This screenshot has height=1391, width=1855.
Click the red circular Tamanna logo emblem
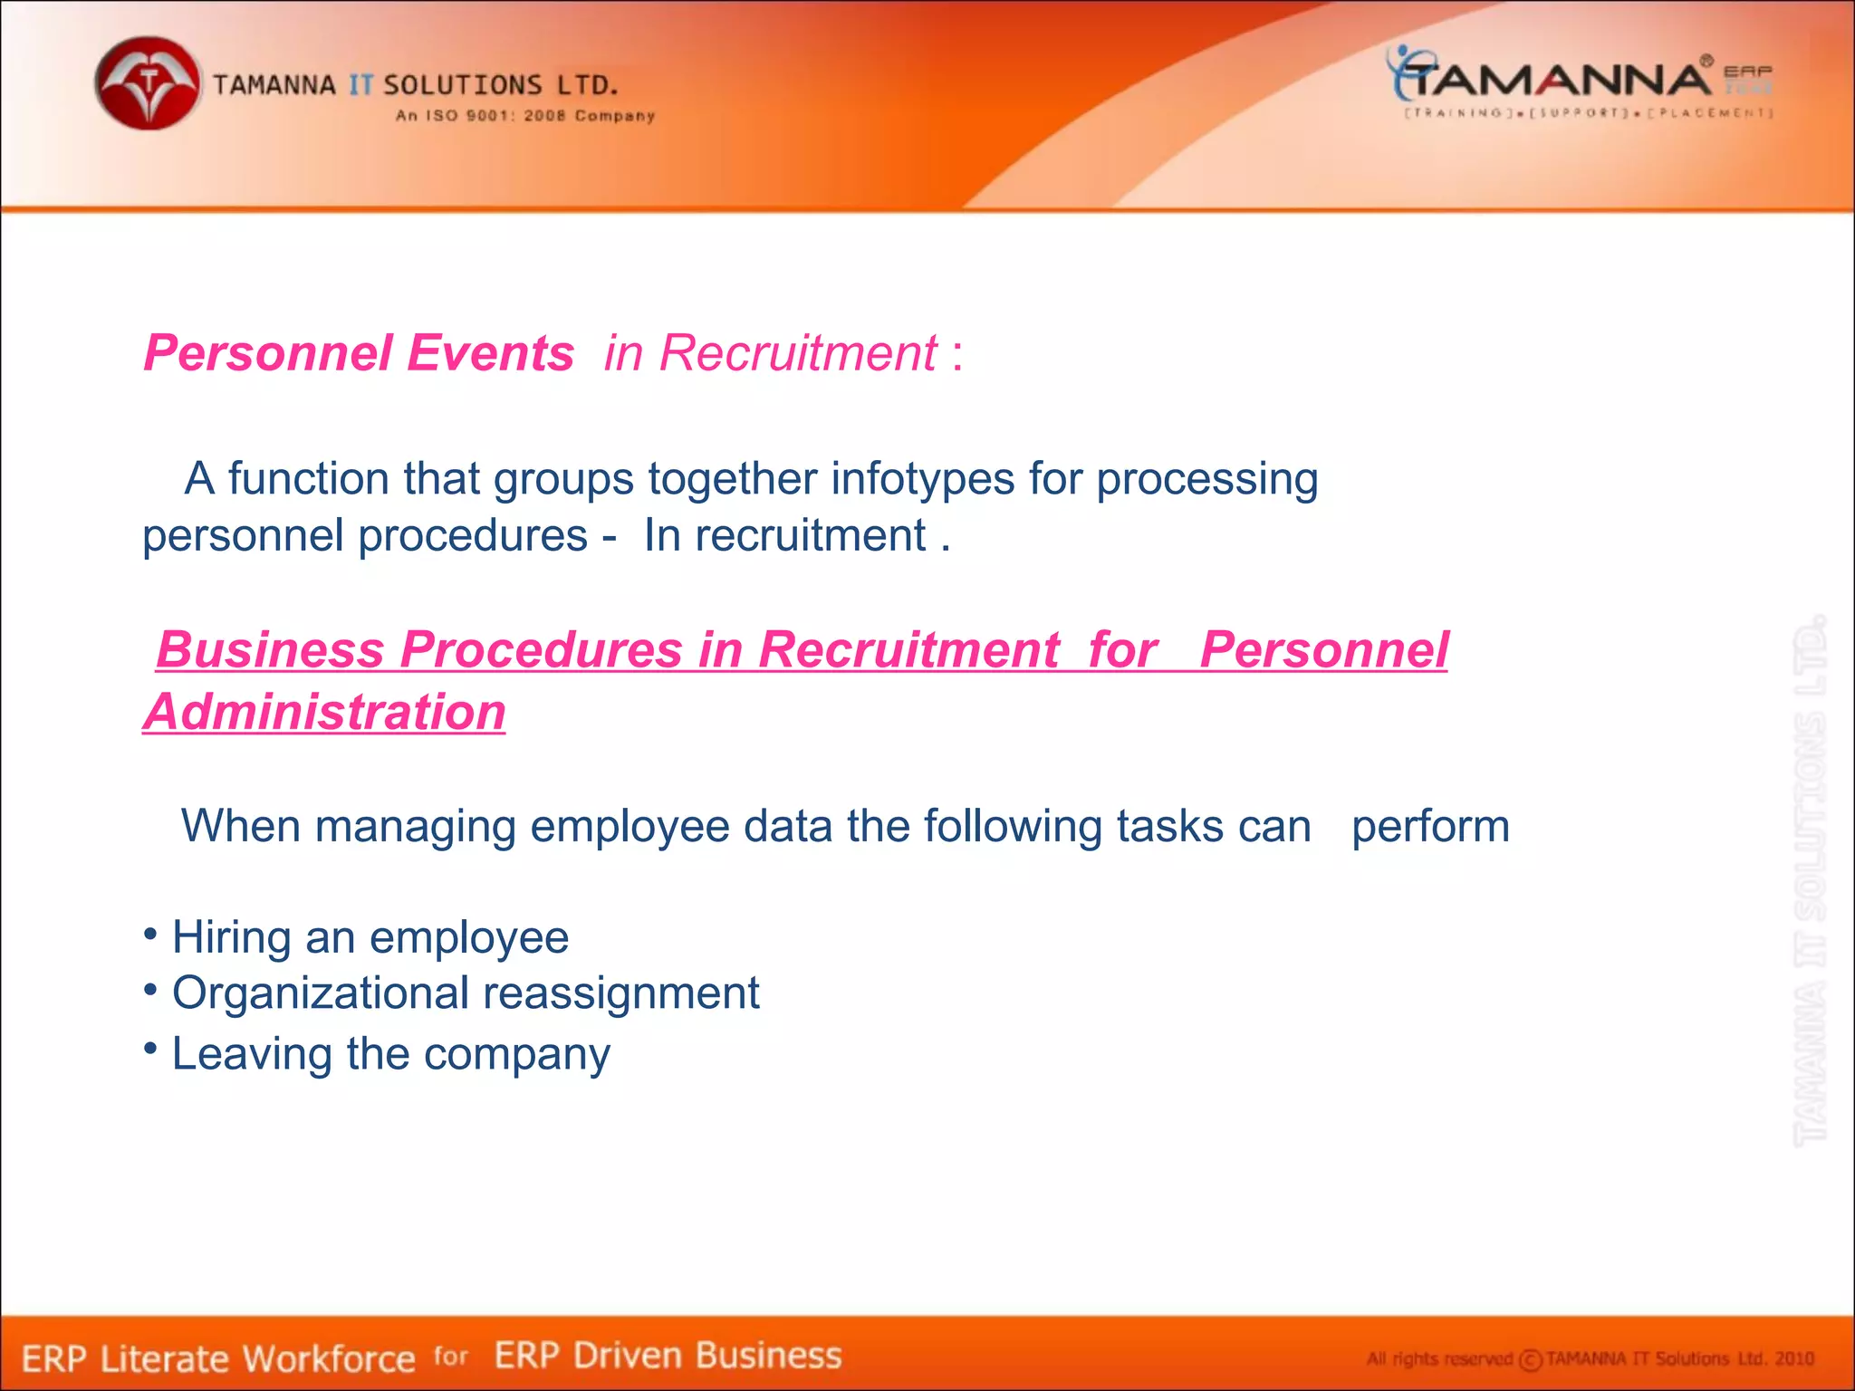pos(148,83)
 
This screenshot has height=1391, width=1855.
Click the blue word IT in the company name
pos(360,86)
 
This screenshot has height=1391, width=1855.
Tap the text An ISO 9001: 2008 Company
pos(525,116)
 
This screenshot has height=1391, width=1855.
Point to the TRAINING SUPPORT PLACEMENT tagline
pos(1588,113)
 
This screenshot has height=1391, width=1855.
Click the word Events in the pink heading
pos(490,353)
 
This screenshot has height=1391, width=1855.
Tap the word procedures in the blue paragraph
pos(473,536)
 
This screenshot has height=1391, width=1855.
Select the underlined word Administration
pos(324,713)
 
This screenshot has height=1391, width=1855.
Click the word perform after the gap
pos(1430,827)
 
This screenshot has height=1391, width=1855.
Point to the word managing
pos(415,827)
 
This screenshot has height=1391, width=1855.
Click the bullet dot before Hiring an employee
pos(150,932)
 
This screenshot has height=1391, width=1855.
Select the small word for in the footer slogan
pos(450,1356)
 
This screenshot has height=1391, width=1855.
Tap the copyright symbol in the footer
pos(1530,1360)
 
